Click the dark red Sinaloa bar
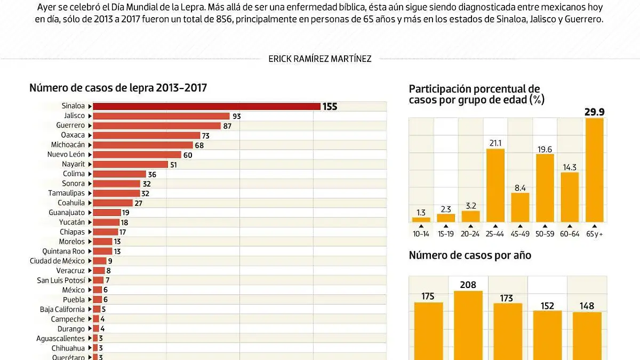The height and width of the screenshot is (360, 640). pyautogui.click(x=207, y=106)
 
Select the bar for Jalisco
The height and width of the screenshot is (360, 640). pyautogui.click(x=161, y=116)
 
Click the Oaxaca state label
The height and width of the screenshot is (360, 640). pyautogui.click(x=73, y=135)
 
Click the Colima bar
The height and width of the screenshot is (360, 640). pyautogui.click(x=119, y=174)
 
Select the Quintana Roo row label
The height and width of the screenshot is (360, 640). pyautogui.click(x=63, y=251)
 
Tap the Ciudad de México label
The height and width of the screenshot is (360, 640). pyautogui.click(x=57, y=261)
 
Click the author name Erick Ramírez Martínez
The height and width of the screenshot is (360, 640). pyautogui.click(x=320, y=59)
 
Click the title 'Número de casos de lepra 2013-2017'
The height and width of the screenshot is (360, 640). pyautogui.click(x=118, y=88)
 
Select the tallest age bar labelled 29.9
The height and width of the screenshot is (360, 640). pyautogui.click(x=594, y=170)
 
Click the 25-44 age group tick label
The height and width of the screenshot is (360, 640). pyautogui.click(x=495, y=234)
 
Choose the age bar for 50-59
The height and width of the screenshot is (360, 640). pyautogui.click(x=545, y=188)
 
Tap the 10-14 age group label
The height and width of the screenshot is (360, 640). pyautogui.click(x=421, y=234)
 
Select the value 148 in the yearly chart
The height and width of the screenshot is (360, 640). pyautogui.click(x=587, y=306)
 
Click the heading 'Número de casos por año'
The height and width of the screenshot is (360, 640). pyautogui.click(x=470, y=255)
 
